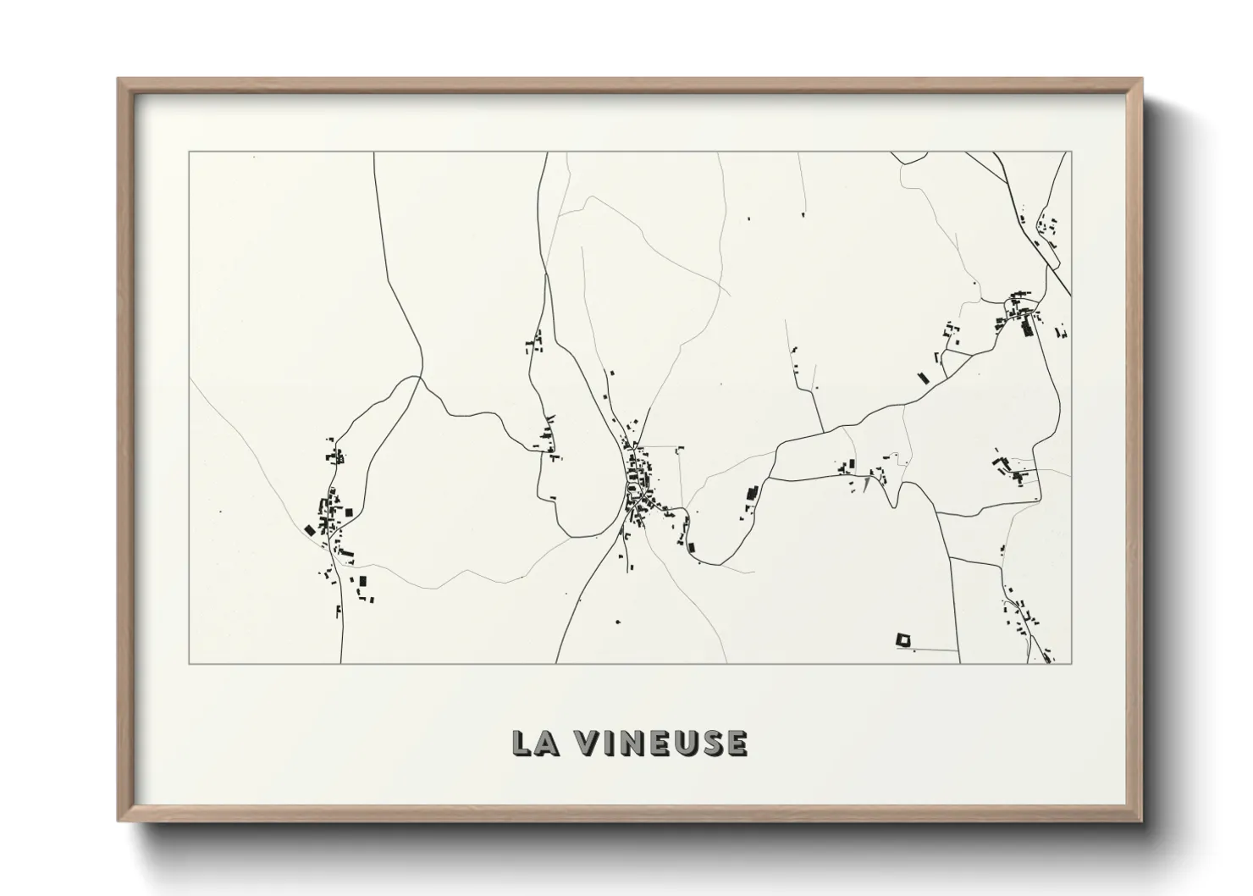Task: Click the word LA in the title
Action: click(x=535, y=743)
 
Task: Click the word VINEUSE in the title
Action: click(x=661, y=743)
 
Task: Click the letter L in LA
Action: click(x=523, y=743)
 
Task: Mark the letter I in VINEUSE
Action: click(x=610, y=743)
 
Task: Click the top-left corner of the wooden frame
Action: click(x=119, y=80)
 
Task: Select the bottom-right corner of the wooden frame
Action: click(x=1142, y=821)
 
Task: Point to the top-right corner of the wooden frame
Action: click(x=1142, y=80)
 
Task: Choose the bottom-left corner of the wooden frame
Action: click(x=119, y=821)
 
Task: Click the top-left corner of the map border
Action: click(x=189, y=152)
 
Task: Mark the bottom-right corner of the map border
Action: click(x=1072, y=664)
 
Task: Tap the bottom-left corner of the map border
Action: click(x=189, y=664)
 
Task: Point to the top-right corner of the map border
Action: click(x=1072, y=152)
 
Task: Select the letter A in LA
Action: click(x=548, y=743)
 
